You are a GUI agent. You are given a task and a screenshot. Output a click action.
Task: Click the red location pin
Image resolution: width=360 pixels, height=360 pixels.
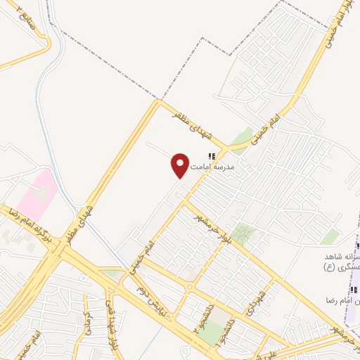click(180, 165)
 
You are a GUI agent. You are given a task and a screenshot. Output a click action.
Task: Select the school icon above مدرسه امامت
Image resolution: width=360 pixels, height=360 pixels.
click(210, 156)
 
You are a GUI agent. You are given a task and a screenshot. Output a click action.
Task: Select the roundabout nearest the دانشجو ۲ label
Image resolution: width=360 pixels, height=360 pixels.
click(191, 286)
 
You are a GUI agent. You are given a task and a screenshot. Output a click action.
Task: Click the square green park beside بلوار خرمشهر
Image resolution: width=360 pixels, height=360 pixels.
click(244, 233)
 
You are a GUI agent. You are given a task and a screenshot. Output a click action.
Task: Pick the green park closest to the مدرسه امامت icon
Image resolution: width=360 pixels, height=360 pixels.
click(242, 136)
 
